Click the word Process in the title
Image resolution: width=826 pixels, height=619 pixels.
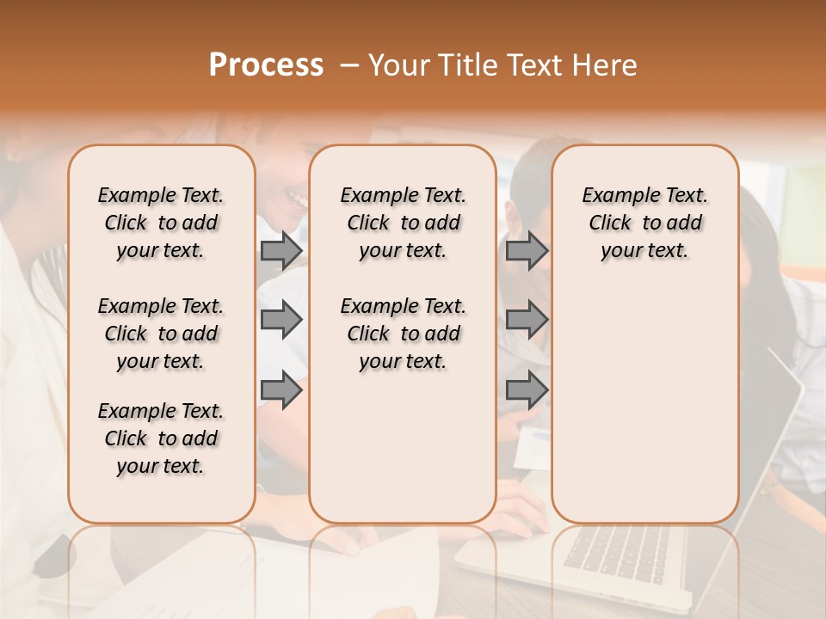(266, 65)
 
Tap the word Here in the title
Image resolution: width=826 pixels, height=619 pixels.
(606, 65)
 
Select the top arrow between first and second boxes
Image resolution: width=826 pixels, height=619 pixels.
(281, 250)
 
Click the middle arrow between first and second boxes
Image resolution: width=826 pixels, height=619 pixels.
(281, 320)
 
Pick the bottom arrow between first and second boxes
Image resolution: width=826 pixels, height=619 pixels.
(281, 391)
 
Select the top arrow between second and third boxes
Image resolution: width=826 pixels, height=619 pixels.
(527, 250)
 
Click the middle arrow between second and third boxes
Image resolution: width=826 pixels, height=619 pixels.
(527, 320)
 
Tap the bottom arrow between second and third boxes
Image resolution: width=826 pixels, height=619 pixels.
(527, 391)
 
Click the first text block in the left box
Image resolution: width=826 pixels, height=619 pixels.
(161, 223)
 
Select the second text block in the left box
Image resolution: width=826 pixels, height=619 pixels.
(161, 334)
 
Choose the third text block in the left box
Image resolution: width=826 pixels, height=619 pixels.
(161, 438)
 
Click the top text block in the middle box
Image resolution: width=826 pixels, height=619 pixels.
(403, 223)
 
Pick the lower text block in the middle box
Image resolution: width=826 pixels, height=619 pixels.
(403, 334)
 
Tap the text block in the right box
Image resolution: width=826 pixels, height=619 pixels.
(644, 223)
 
